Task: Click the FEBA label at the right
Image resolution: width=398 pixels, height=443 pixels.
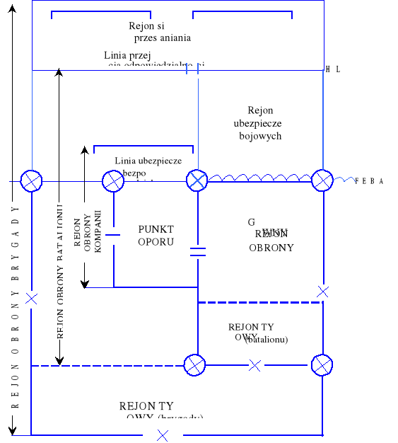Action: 369,182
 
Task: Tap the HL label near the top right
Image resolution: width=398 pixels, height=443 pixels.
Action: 333,69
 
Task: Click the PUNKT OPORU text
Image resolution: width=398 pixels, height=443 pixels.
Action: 156,236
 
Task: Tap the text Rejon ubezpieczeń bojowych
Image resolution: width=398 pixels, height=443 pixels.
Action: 260,123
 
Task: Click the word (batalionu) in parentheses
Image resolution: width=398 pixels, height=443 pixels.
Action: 267,340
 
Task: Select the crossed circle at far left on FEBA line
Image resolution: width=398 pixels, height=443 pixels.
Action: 31,181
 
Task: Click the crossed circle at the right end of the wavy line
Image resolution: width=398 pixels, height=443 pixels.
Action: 322,180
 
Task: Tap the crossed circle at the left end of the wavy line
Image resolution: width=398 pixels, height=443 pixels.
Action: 197,180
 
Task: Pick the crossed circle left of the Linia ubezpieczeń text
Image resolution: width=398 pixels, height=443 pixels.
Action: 113,181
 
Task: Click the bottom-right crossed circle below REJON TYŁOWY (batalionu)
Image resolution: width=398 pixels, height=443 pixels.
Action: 322,365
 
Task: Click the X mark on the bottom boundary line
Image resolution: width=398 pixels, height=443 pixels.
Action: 163,435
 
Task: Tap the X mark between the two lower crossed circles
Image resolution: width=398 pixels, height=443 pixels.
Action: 255,365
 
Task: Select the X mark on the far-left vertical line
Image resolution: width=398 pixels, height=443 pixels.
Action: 31,299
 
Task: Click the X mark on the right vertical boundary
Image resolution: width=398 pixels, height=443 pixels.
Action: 323,291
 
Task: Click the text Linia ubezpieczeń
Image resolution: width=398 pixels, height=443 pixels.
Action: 148,161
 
